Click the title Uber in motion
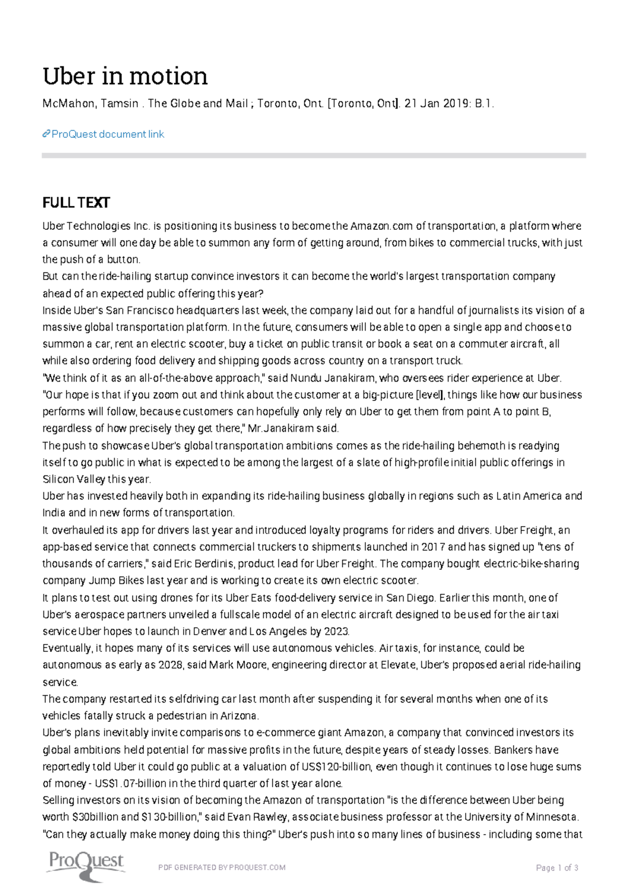[x=125, y=76]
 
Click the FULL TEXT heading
[x=76, y=203]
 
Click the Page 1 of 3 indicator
[x=557, y=868]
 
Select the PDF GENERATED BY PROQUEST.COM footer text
[x=222, y=868]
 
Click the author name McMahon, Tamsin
[x=90, y=104]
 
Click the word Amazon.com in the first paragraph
[x=382, y=226]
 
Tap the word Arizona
[x=239, y=716]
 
